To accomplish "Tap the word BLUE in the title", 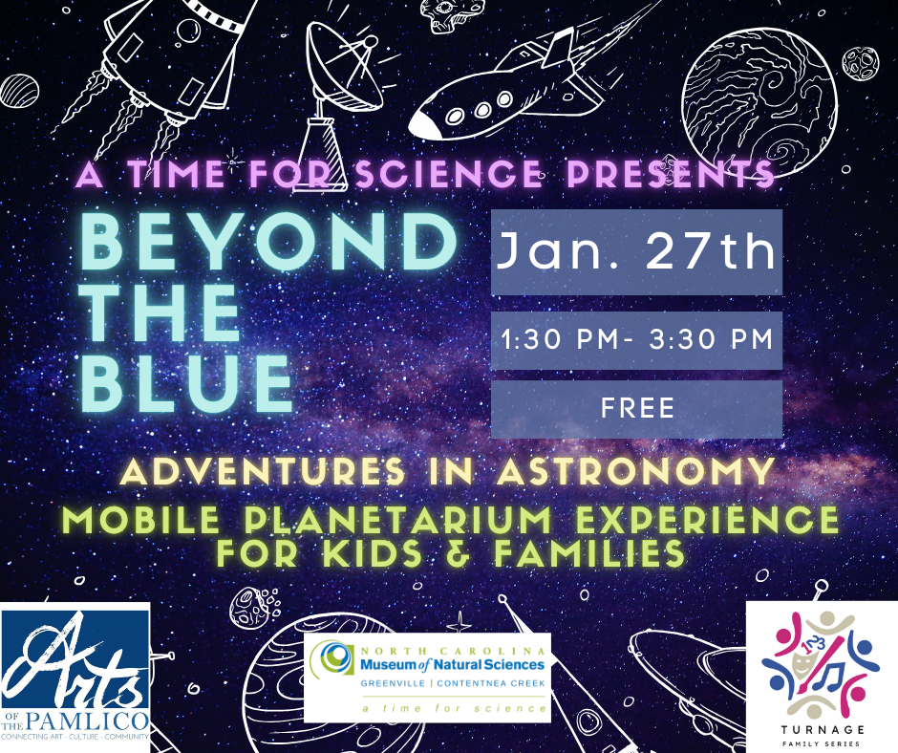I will (x=187, y=381).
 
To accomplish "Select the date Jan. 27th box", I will (x=636, y=252).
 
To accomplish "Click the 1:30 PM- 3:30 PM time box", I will (x=636, y=340).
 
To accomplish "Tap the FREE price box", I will (x=636, y=409).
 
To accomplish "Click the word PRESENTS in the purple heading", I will (x=672, y=174).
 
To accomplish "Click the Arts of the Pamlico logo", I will (x=75, y=677).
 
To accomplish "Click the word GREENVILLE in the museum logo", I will (x=391, y=684).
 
